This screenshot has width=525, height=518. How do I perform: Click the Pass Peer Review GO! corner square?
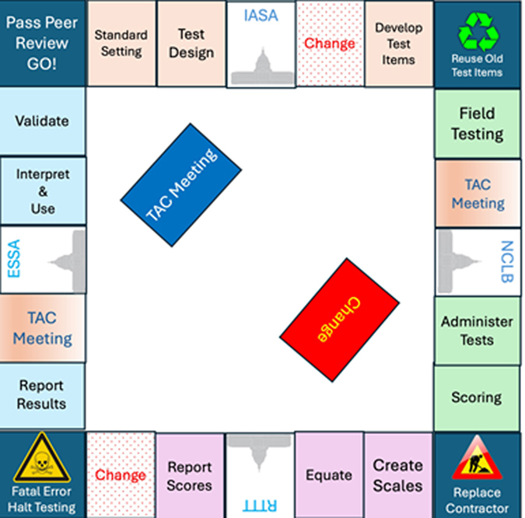pyautogui.click(x=42, y=43)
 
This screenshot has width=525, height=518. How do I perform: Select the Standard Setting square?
pyautogui.click(x=121, y=43)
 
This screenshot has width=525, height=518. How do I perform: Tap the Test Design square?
pyautogui.click(x=191, y=43)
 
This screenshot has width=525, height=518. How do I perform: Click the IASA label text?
pyautogui.click(x=261, y=16)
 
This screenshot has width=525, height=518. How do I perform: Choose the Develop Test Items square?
pyautogui.click(x=398, y=43)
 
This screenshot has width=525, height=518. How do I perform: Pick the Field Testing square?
pyautogui.click(x=477, y=123)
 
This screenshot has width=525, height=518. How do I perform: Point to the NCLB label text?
pyautogui.click(x=506, y=261)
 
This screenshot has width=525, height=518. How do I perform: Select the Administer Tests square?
pyautogui.click(x=477, y=331)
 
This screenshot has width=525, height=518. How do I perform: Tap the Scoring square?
pyautogui.click(x=477, y=397)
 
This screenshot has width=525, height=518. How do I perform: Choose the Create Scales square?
pyautogui.click(x=397, y=475)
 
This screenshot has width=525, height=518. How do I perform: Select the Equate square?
pyautogui.click(x=328, y=475)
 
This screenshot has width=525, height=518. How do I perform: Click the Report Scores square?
pyautogui.click(x=190, y=475)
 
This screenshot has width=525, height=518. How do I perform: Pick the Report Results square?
pyautogui.click(x=42, y=395)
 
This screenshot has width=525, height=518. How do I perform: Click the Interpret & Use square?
pyautogui.click(x=42, y=191)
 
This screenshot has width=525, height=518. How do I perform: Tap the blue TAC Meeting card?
pyautogui.click(x=181, y=185)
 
